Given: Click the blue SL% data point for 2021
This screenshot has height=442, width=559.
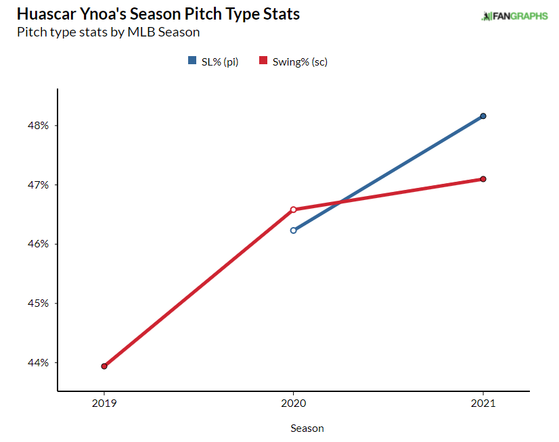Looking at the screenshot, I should [483, 116].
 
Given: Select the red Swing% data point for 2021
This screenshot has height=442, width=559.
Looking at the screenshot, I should [483, 179].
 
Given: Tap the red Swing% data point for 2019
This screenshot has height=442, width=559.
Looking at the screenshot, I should [104, 366].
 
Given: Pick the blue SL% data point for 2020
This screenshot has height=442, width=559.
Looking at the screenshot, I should [293, 230].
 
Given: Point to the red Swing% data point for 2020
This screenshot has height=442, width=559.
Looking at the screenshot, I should [293, 210].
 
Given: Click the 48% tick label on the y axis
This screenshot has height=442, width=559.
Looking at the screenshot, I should [38, 126].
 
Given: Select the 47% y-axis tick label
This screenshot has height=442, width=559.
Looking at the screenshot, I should [38, 185].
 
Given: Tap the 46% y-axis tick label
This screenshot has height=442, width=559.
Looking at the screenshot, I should [38, 244].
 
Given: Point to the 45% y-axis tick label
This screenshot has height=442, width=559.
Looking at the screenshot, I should [38, 303].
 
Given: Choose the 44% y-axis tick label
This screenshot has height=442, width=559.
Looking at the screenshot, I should [38, 363].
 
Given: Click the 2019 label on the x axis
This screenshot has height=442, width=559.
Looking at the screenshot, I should [104, 404].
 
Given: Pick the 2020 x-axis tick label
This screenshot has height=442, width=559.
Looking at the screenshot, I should [293, 404].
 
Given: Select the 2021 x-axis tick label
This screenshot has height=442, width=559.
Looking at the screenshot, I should [483, 404].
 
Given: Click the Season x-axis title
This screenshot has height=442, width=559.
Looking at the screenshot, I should [307, 428].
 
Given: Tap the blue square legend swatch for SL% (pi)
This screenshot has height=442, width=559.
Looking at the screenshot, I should [192, 62].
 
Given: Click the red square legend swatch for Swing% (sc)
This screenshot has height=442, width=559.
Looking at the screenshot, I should [263, 62].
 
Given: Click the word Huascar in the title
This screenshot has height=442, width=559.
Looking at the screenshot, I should [48, 14].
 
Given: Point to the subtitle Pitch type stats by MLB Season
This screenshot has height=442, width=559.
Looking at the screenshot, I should [108, 32].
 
